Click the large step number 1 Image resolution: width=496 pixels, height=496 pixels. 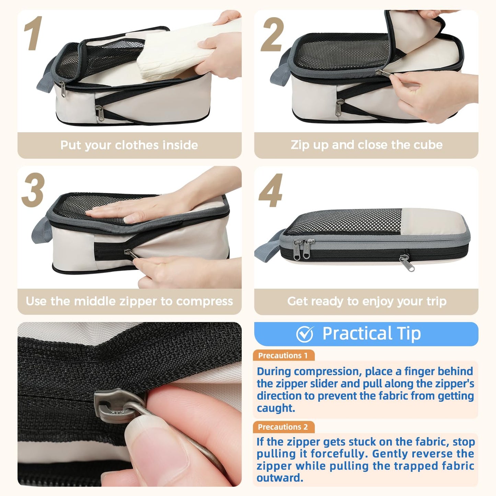[x=33, y=34]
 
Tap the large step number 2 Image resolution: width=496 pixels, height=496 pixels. [x=272, y=35]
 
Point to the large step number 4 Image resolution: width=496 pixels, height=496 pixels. [x=270, y=191]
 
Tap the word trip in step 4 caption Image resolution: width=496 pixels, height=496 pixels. [x=436, y=301]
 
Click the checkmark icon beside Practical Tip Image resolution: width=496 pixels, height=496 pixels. [x=305, y=334]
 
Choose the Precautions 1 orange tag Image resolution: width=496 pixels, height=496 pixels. [x=283, y=356]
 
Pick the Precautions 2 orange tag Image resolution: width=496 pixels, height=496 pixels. [x=283, y=427]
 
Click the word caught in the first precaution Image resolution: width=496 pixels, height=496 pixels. [x=276, y=408]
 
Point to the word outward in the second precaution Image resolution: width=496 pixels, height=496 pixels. [x=279, y=478]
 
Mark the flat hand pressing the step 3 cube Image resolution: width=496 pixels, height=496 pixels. [x=137, y=209]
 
